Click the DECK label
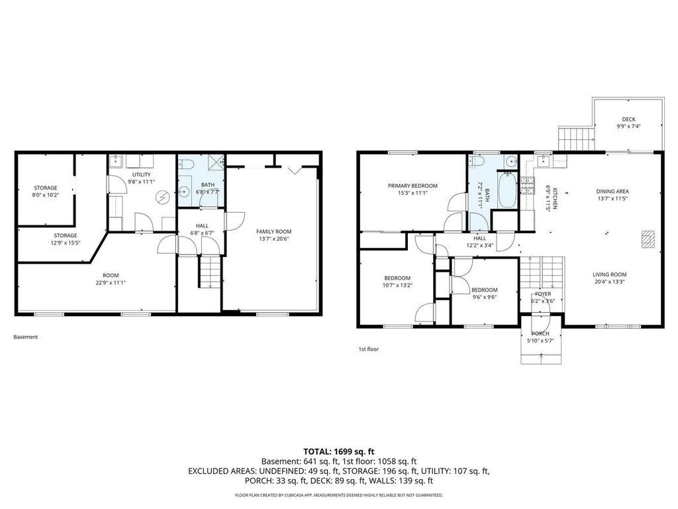point(628,119)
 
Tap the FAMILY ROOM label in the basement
point(273,231)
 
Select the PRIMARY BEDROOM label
point(412,186)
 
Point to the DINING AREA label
point(612,191)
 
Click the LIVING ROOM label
point(609,274)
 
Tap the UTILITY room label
point(141,174)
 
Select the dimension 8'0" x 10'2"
point(46,196)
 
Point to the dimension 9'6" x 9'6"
point(484,298)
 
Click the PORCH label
point(540,333)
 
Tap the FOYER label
point(543,294)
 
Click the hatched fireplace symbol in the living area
point(648,239)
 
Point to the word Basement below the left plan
point(26,337)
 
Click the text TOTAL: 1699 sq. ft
point(339,451)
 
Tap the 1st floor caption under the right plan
point(369,349)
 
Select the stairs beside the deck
point(575,139)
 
